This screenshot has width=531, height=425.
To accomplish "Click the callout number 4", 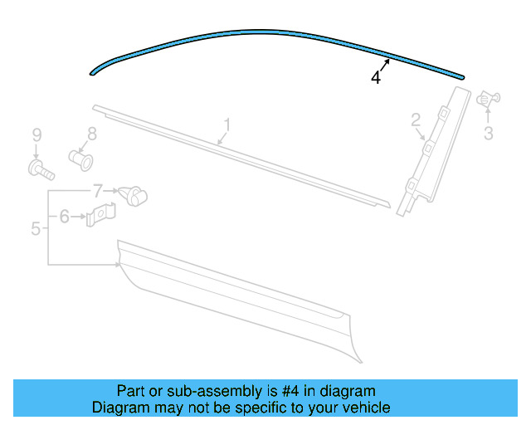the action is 376,77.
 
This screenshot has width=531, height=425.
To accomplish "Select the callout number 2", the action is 416,121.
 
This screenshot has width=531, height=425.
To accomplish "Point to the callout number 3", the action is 489,133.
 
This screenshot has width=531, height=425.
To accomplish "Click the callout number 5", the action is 36,227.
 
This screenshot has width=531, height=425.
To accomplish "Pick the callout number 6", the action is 64,217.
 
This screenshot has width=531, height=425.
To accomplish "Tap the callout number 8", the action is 92,133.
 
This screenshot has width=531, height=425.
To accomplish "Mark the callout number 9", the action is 36,134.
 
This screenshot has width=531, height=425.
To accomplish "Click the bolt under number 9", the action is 40,171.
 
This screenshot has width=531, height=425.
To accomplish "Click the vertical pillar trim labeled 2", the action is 424,158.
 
